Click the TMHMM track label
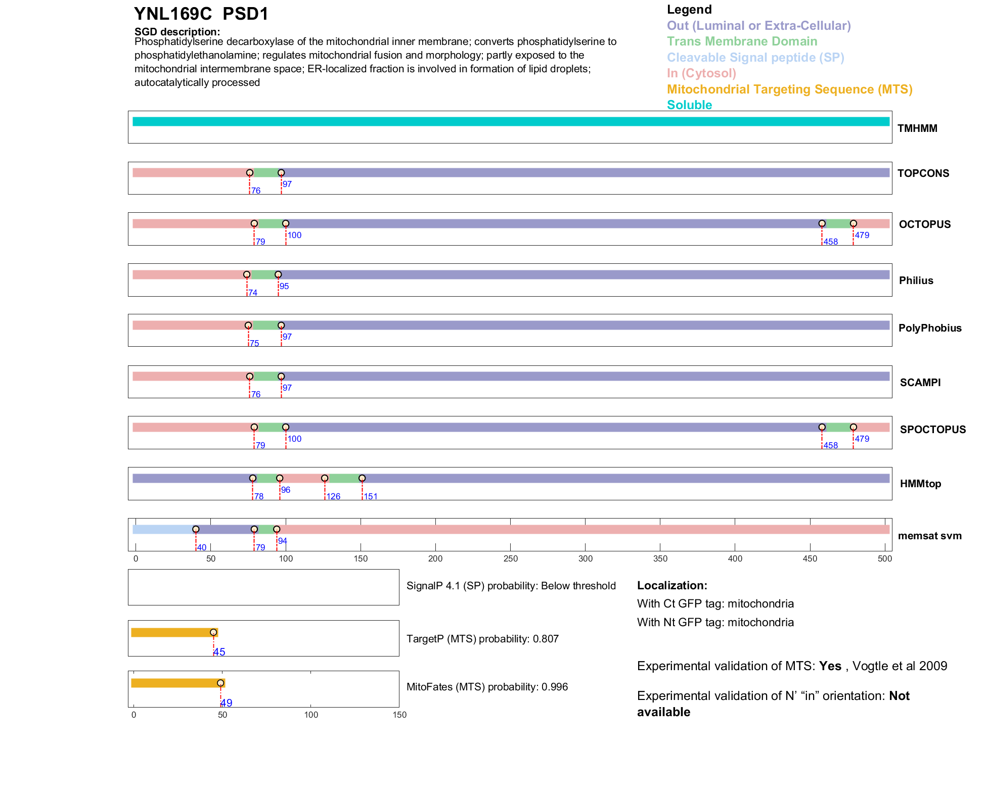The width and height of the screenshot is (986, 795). coord(917,128)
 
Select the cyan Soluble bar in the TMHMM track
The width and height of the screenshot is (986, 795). coord(511,122)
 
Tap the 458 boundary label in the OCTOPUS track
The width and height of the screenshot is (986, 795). coord(830,242)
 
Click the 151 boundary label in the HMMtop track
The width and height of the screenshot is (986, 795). coord(371,497)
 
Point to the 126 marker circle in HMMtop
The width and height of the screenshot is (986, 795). coord(325,478)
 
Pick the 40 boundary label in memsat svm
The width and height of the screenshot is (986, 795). coord(202,548)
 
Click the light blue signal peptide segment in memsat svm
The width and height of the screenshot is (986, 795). coord(163,530)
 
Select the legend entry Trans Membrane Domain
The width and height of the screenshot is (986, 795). coord(742,41)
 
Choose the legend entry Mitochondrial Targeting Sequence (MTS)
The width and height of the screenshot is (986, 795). coord(789,89)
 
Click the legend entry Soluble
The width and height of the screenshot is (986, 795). coord(689,105)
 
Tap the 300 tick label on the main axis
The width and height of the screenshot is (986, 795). coord(586,559)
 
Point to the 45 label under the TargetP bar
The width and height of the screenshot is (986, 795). coord(219,652)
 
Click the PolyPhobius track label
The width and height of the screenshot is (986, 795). coord(930,328)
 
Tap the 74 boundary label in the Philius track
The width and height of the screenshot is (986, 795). coord(253,293)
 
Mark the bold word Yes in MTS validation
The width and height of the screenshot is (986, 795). coord(830,666)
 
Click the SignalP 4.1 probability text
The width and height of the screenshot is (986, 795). coord(511,586)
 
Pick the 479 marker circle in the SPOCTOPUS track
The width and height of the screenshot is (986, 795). coord(854,427)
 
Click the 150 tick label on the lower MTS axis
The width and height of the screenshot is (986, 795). coord(399,715)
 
